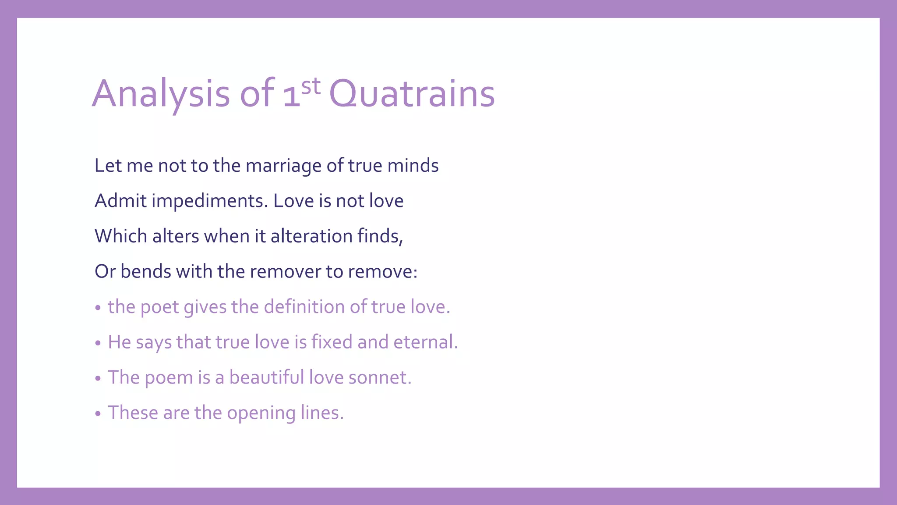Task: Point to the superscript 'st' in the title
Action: [x=311, y=86]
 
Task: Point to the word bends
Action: [x=146, y=271]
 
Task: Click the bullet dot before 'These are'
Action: [x=98, y=413]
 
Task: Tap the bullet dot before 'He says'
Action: [x=98, y=343]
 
